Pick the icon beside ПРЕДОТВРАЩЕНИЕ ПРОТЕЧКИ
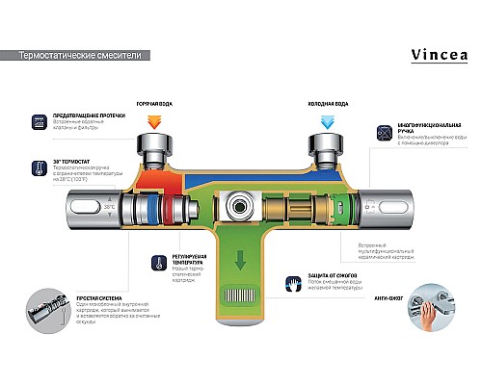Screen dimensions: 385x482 [x=40, y=123]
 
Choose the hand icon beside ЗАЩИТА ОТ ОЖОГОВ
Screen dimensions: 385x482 [x=291, y=286]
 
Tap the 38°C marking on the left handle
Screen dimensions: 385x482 [x=109, y=206]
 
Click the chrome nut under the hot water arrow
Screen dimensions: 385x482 [x=155, y=150]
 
